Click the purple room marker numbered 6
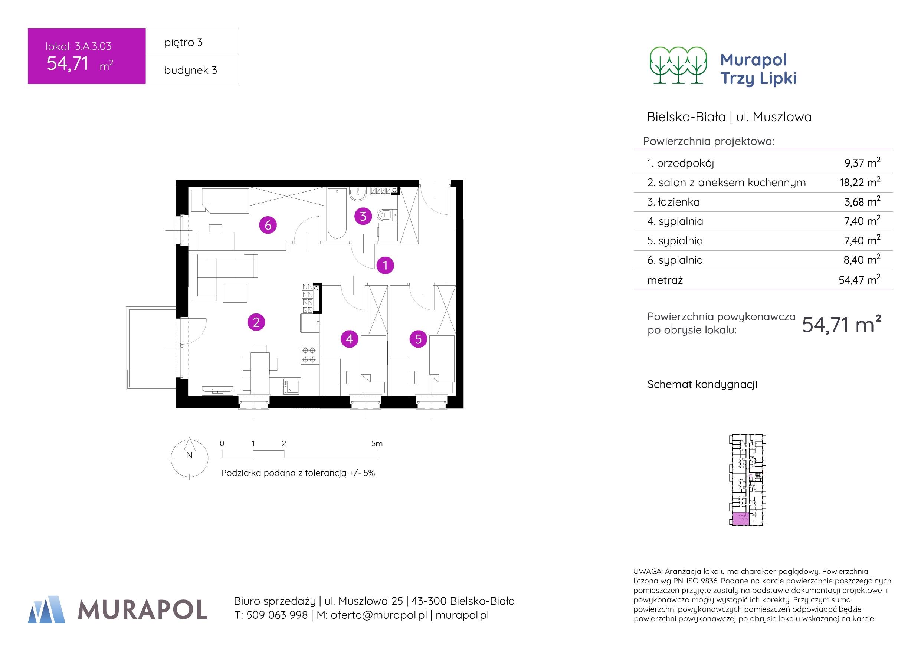(x=268, y=225)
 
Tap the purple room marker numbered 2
(x=256, y=322)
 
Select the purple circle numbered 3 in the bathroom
(x=363, y=217)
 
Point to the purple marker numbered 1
(x=385, y=265)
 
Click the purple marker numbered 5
(x=418, y=339)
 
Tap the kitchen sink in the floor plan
(x=291, y=386)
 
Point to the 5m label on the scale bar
(x=377, y=444)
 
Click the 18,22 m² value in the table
(x=860, y=183)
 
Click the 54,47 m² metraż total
(x=859, y=280)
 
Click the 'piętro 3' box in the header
(x=192, y=42)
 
